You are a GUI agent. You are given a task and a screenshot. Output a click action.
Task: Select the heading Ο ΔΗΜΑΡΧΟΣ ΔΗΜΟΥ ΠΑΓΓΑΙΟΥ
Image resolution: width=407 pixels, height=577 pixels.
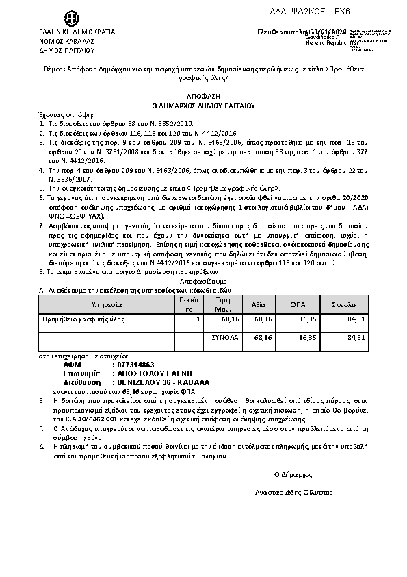click(x=202, y=106)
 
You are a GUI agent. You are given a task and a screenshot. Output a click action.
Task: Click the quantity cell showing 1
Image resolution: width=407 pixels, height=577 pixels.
click(x=198, y=319)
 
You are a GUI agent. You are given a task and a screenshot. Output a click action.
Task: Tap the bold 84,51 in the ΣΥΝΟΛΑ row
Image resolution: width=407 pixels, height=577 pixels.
click(x=356, y=337)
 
